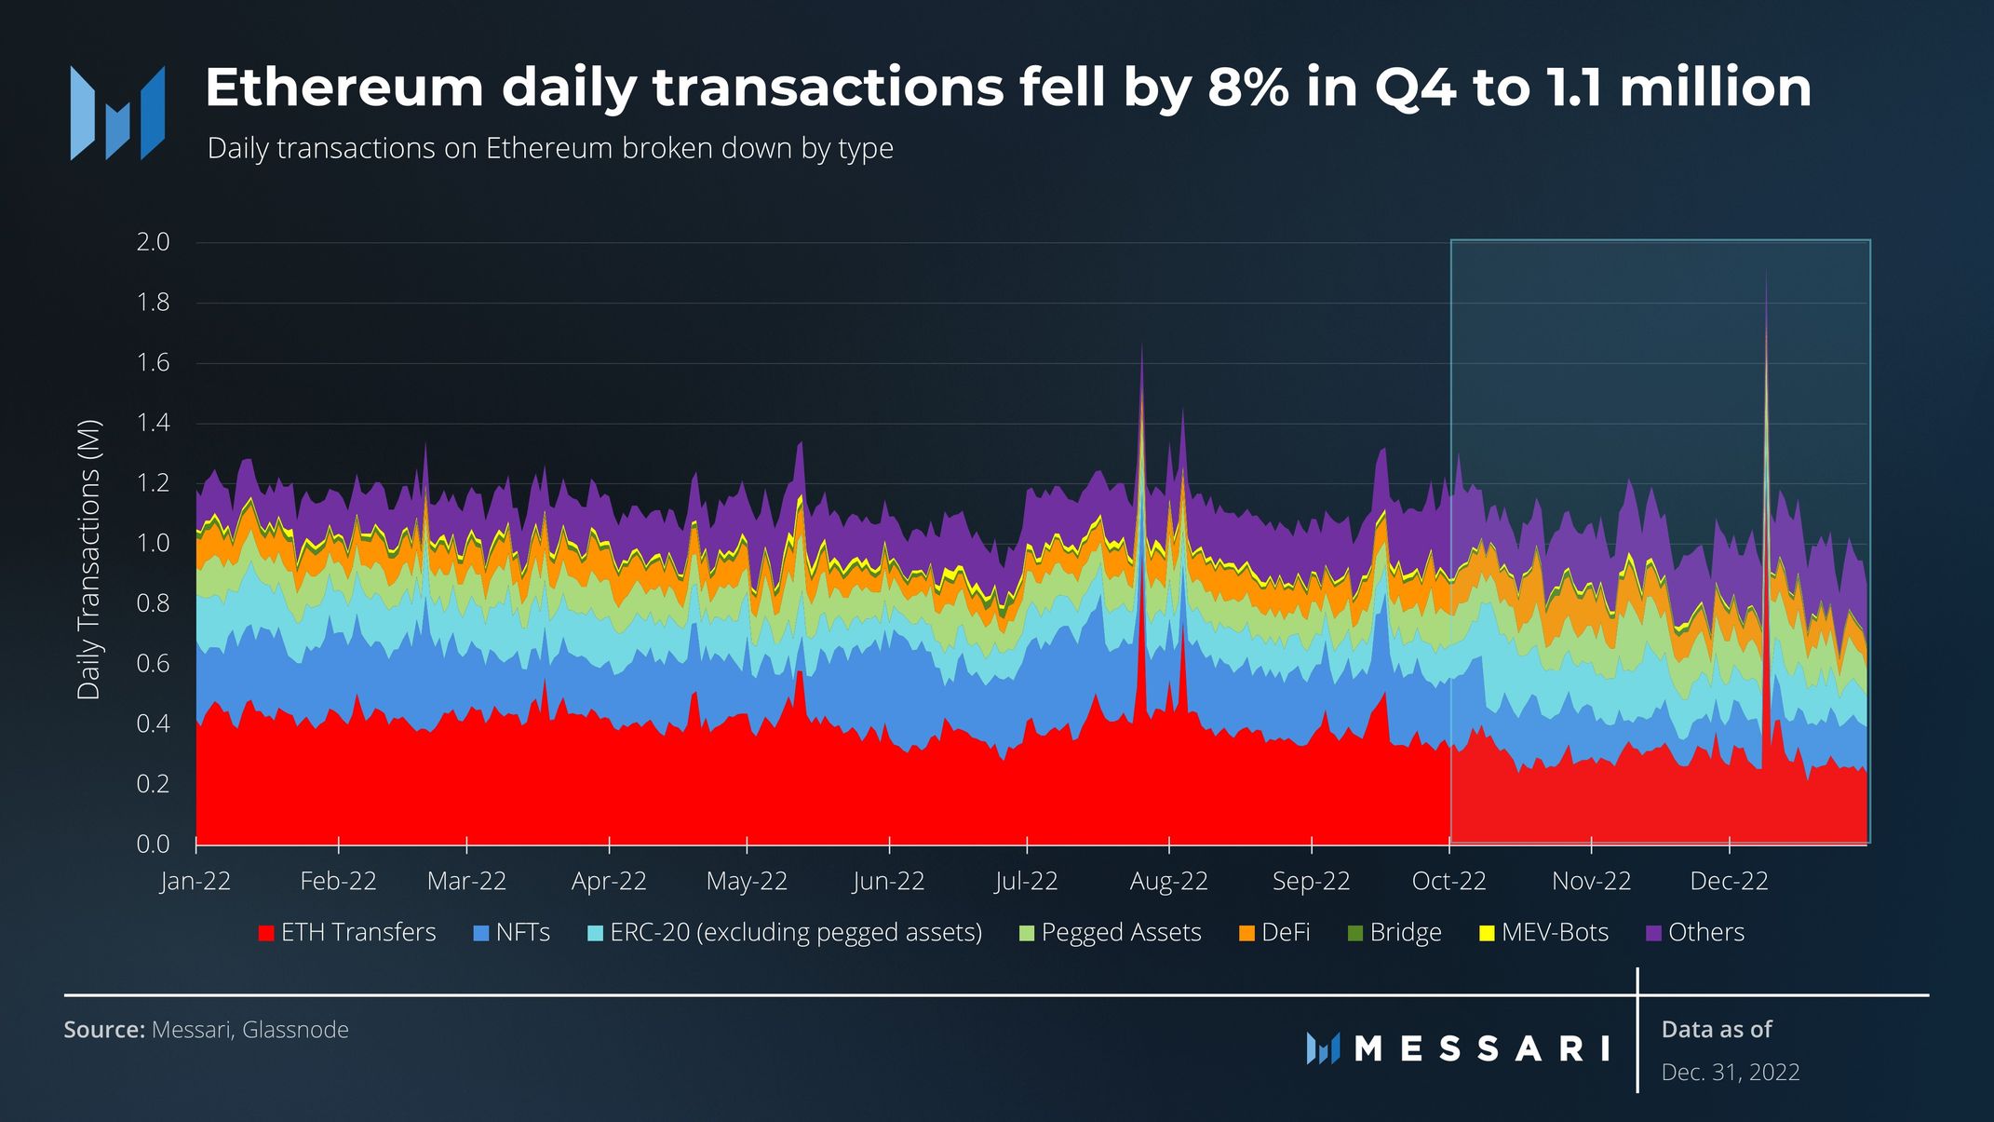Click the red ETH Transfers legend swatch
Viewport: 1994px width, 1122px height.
pyautogui.click(x=266, y=933)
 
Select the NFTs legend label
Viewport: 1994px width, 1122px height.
pyautogui.click(x=522, y=932)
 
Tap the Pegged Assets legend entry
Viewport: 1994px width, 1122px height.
pyautogui.click(x=1121, y=932)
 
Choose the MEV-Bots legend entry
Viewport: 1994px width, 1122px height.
pyautogui.click(x=1554, y=932)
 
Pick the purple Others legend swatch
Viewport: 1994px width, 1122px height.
pyautogui.click(x=1654, y=933)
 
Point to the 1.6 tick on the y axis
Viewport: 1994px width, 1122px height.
pyautogui.click(x=153, y=363)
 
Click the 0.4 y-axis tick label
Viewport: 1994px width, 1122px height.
pyautogui.click(x=153, y=723)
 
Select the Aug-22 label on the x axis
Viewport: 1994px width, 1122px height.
pyautogui.click(x=1168, y=881)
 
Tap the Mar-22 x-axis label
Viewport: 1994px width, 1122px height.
pyautogui.click(x=466, y=881)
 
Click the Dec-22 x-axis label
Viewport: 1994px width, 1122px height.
pyautogui.click(x=1729, y=881)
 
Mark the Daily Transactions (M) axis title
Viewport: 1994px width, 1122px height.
pyautogui.click(x=88, y=560)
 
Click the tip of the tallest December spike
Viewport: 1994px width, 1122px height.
pyautogui.click(x=1766, y=272)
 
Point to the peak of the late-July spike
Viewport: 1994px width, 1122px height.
pyautogui.click(x=1141, y=345)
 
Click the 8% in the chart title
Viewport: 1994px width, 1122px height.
pyautogui.click(x=1248, y=88)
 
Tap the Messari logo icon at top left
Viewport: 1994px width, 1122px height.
pyautogui.click(x=117, y=113)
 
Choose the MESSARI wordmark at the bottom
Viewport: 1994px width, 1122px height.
pyautogui.click(x=1482, y=1049)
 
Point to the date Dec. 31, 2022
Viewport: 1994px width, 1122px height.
pyautogui.click(x=1730, y=1073)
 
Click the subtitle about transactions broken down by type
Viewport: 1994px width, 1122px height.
pyautogui.click(x=549, y=149)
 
